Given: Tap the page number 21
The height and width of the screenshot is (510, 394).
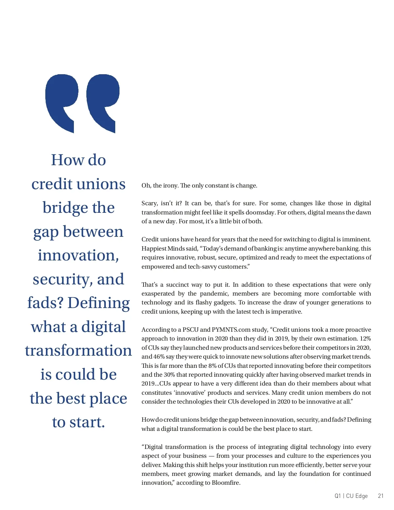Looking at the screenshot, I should pyautogui.click(x=381, y=496).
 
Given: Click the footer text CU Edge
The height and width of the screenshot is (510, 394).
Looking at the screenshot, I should pyautogui.click(x=357, y=496).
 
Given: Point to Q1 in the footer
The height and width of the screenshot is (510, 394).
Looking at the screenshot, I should pyautogui.click(x=338, y=496).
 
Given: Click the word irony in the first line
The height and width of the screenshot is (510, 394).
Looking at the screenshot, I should pyautogui.click(x=170, y=186).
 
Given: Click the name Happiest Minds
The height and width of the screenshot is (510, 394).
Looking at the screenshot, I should pyautogui.click(x=163, y=249).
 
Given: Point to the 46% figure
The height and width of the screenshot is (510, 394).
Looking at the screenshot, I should pyautogui.click(x=159, y=357).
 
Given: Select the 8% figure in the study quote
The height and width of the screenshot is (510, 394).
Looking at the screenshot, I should pyautogui.click(x=212, y=366).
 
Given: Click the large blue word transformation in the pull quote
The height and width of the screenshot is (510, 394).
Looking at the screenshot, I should pyautogui.click(x=78, y=350).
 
